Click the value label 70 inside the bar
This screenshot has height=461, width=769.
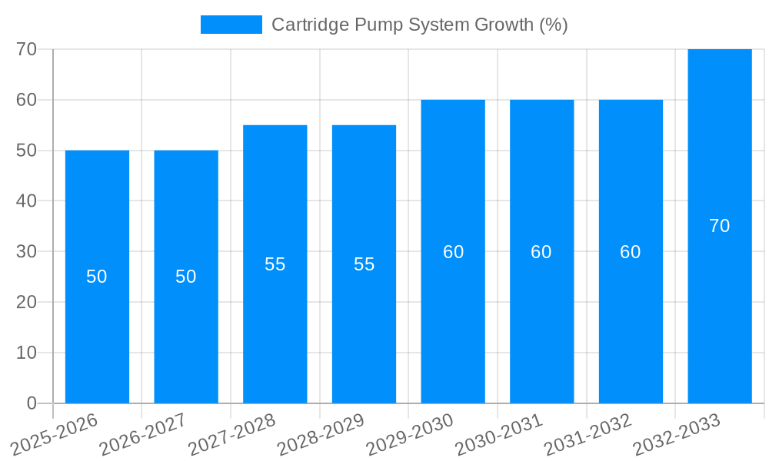[x=720, y=226]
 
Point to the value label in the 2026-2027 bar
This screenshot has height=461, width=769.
[x=186, y=277]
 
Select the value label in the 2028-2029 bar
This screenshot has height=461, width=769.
[x=365, y=264]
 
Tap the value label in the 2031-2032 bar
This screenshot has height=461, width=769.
[x=631, y=252]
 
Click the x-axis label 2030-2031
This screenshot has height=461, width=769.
[x=500, y=435]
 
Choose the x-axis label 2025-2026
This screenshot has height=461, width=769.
[x=55, y=435]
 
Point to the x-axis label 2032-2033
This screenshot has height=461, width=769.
[x=677, y=435]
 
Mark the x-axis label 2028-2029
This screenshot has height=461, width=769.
[x=321, y=435]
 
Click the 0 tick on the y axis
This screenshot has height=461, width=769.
[x=32, y=403]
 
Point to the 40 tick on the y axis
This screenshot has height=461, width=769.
[x=27, y=201]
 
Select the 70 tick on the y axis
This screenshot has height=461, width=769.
[x=27, y=49]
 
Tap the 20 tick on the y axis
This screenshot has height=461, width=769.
[x=27, y=302]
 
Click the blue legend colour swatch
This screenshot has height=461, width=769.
[x=231, y=25]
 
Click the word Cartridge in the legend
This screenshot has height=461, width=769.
[x=310, y=25]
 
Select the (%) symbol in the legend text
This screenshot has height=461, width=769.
[x=553, y=25]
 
